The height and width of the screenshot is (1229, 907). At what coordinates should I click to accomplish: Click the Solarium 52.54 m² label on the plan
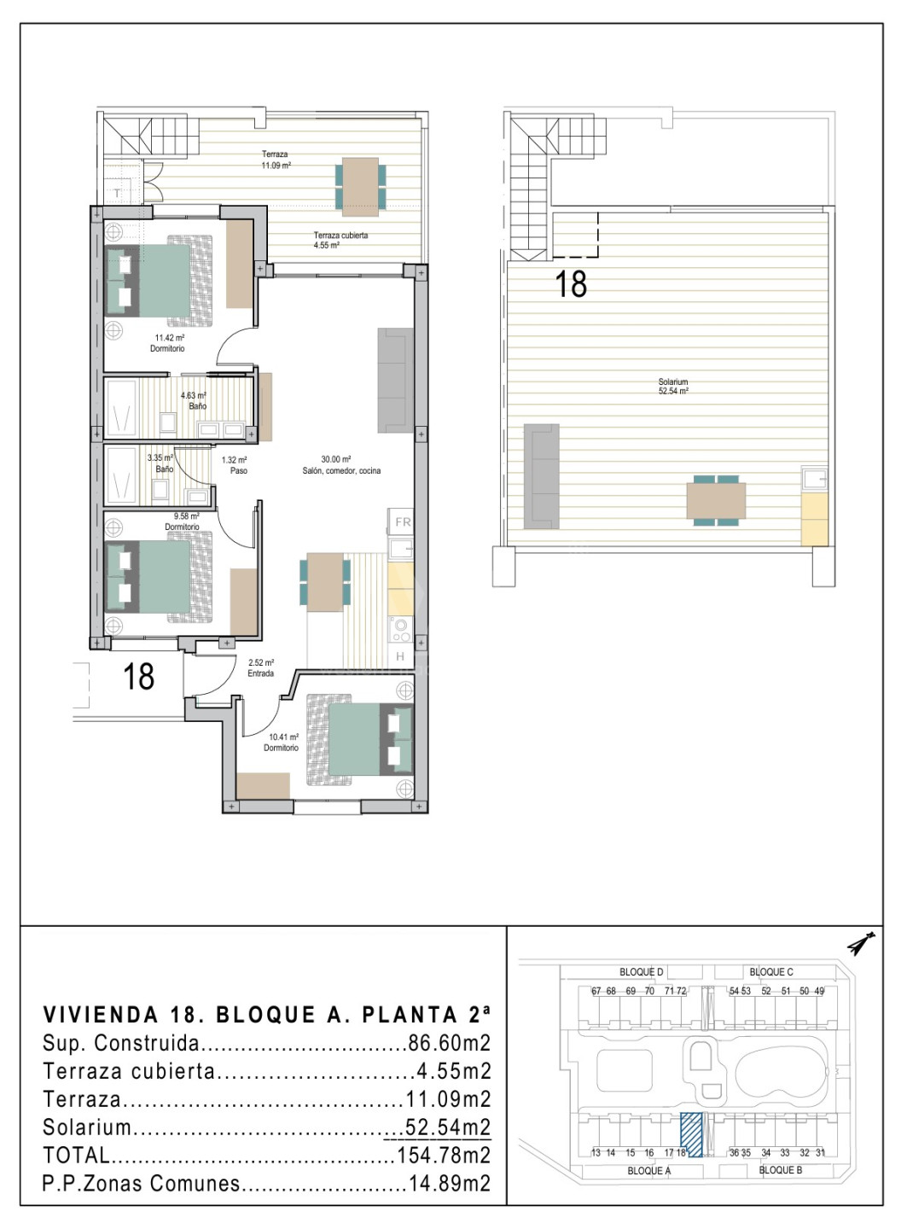point(672,387)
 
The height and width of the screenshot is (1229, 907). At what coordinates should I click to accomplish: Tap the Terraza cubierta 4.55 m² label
point(340,240)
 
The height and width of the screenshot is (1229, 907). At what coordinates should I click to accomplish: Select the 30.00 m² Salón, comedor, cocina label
point(341,465)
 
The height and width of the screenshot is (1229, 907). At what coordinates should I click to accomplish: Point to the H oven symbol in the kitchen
point(400,656)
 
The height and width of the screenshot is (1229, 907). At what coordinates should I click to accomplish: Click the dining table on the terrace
point(360,187)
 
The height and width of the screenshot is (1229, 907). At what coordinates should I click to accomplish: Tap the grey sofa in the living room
point(396,380)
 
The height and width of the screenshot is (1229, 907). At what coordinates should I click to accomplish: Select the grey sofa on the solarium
point(541,476)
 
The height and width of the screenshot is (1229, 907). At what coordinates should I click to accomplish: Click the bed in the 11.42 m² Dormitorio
point(159,281)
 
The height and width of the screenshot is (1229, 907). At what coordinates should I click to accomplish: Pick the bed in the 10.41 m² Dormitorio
point(360,739)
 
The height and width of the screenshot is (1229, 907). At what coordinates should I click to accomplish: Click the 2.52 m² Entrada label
point(260,667)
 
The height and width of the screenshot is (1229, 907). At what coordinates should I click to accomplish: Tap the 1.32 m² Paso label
point(234,465)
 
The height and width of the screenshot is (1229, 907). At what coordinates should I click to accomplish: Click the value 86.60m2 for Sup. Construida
point(450,1044)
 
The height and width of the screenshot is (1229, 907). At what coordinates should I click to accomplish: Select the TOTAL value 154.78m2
point(444,1156)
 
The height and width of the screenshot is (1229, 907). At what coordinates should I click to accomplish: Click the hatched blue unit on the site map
point(691,1134)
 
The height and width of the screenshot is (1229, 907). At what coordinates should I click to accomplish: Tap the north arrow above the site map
point(860,944)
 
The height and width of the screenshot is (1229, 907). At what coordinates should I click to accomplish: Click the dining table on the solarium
point(716,500)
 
